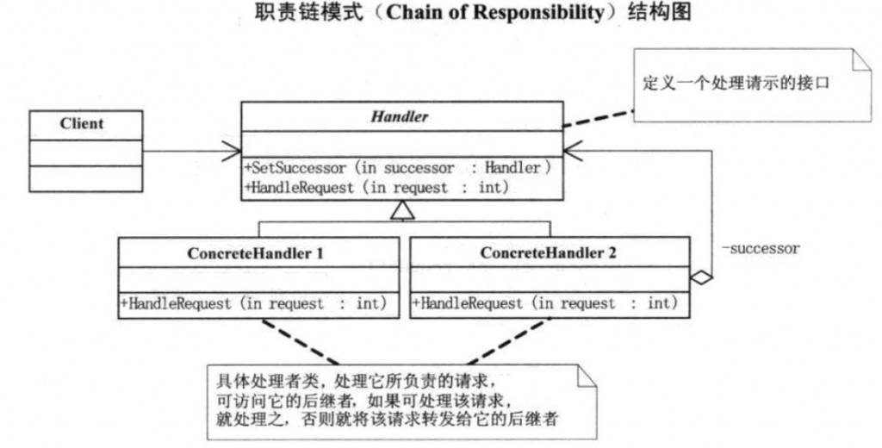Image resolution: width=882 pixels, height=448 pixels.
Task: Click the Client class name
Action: point(82,124)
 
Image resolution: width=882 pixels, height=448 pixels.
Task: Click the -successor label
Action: point(760,248)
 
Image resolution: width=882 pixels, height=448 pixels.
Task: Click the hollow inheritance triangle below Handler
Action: point(398,208)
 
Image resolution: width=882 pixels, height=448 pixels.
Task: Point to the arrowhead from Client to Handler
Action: point(233,152)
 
